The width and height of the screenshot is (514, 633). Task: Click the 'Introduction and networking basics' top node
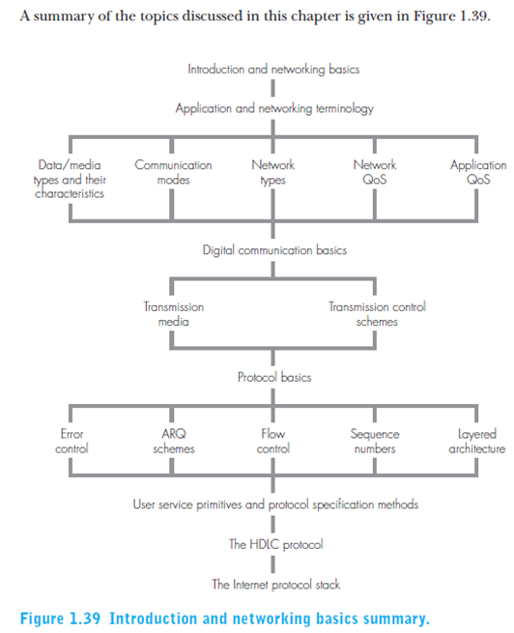coord(273,70)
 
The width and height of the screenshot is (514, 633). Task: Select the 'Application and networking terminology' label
coord(274,108)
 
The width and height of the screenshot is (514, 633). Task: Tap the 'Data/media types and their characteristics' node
coord(70,179)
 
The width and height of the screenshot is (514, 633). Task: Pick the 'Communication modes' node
coord(173,172)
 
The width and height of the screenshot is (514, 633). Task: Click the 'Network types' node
coord(273,172)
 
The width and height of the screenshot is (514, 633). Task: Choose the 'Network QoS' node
coord(375,172)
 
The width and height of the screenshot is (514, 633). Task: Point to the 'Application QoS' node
coord(478,172)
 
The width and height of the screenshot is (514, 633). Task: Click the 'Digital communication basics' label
coord(274,250)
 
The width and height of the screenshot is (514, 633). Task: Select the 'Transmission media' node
coord(174,314)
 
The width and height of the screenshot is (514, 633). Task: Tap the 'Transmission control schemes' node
coord(377,314)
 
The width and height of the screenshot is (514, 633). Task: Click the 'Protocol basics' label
coord(274,377)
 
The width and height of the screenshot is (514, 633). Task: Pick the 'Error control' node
coord(71,442)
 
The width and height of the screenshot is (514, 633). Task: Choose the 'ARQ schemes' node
coord(174,442)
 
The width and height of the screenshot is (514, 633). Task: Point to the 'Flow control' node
coord(273,442)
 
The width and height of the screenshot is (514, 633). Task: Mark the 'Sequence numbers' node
coord(375,442)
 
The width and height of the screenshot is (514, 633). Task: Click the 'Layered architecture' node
coord(477,442)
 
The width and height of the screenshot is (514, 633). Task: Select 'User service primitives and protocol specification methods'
coord(275,504)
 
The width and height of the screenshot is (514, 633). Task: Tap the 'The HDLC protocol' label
coord(276,545)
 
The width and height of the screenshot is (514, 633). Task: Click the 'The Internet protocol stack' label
coord(276,585)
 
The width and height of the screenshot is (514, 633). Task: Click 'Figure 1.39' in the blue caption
coord(60,619)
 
